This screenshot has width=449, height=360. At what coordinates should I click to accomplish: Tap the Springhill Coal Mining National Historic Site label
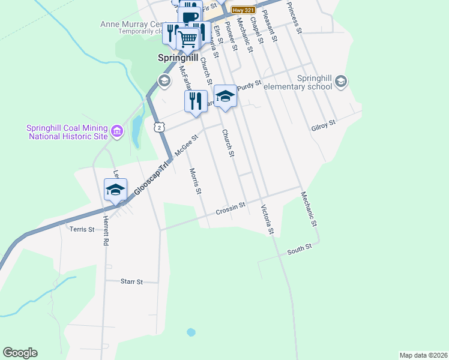click(x=67, y=132)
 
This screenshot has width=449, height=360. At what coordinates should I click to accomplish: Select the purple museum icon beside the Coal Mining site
click(x=117, y=131)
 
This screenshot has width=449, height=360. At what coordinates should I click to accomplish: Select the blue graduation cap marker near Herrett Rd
click(x=115, y=190)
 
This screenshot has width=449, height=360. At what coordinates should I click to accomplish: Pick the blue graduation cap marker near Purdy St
click(x=225, y=96)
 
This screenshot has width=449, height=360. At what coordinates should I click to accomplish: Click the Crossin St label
click(x=231, y=209)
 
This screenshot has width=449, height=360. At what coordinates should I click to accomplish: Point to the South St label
click(x=299, y=248)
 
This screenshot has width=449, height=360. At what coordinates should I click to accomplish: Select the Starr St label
click(x=131, y=281)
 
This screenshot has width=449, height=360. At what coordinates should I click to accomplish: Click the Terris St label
click(x=82, y=229)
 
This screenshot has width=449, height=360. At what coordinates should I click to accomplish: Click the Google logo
click(x=20, y=353)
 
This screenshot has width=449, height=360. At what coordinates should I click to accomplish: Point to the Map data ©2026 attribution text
click(x=423, y=355)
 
